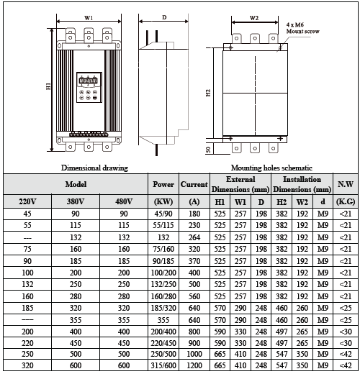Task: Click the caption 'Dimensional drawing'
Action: pyautogui.click(x=94, y=167)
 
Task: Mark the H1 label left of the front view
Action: pyautogui.click(x=48, y=86)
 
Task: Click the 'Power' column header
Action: pyautogui.click(x=163, y=184)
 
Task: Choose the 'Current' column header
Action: pyautogui.click(x=194, y=184)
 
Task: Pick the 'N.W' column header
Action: pyautogui.click(x=346, y=184)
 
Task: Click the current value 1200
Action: pyautogui.click(x=194, y=365)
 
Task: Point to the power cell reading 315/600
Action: pyautogui.click(x=163, y=365)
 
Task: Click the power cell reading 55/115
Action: pyautogui.click(x=163, y=224)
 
